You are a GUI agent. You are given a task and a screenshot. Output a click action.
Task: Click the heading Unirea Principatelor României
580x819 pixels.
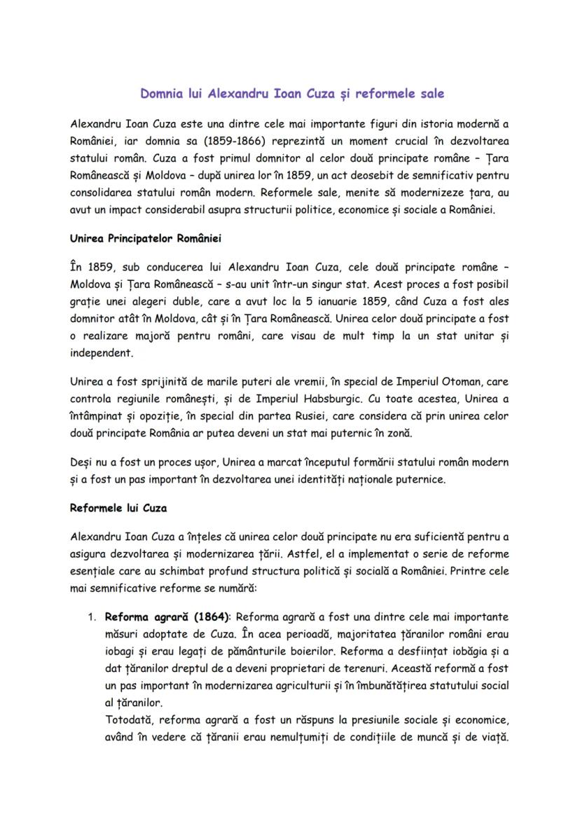point(146,238)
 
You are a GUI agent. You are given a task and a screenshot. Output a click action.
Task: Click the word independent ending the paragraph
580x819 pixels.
point(101,352)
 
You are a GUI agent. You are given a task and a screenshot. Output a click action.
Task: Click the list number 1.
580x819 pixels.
point(91,617)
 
